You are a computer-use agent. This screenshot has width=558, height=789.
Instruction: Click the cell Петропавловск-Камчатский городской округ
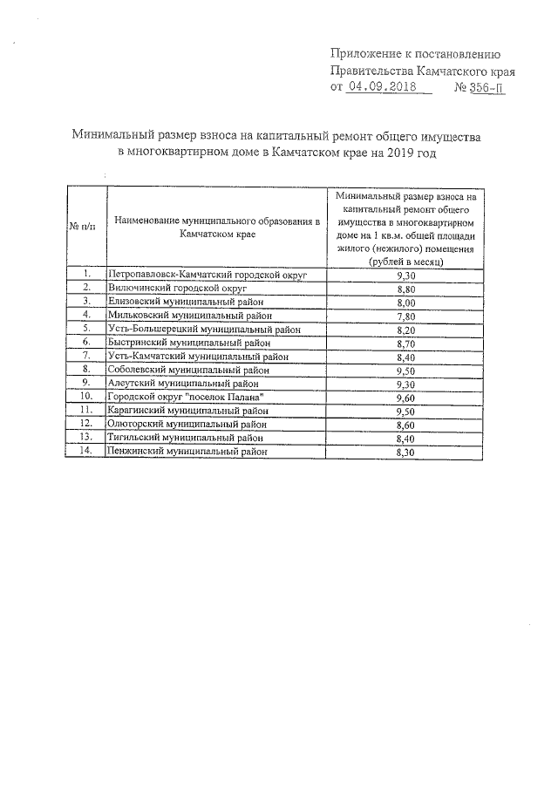tap(208, 275)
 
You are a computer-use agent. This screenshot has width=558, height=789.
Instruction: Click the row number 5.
tap(87, 329)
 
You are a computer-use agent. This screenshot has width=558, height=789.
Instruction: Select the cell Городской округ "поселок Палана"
tap(185, 397)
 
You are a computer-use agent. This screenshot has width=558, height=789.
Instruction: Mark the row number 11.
tap(86, 410)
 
